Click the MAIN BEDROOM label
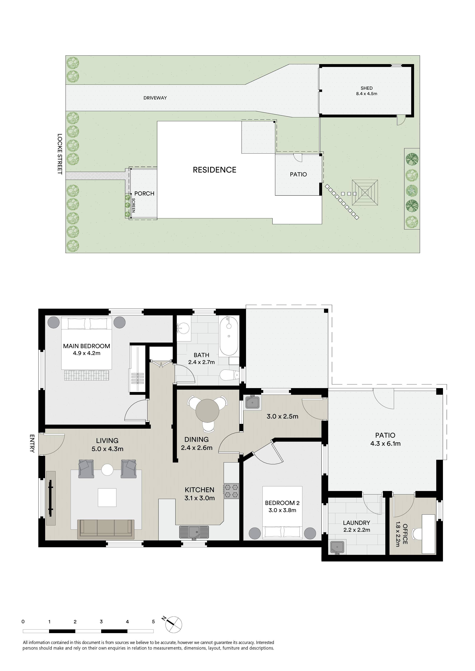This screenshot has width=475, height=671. [x=87, y=346]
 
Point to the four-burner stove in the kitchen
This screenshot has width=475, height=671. [x=231, y=491]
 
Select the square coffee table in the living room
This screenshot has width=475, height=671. [x=107, y=497]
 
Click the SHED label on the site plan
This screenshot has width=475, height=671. [x=367, y=88]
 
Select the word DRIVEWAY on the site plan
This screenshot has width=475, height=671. [x=155, y=98]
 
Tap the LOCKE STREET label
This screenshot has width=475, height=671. [x=60, y=154]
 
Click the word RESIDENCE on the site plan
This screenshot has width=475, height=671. [x=215, y=170]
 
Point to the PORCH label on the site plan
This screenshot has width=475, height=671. [x=144, y=193]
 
